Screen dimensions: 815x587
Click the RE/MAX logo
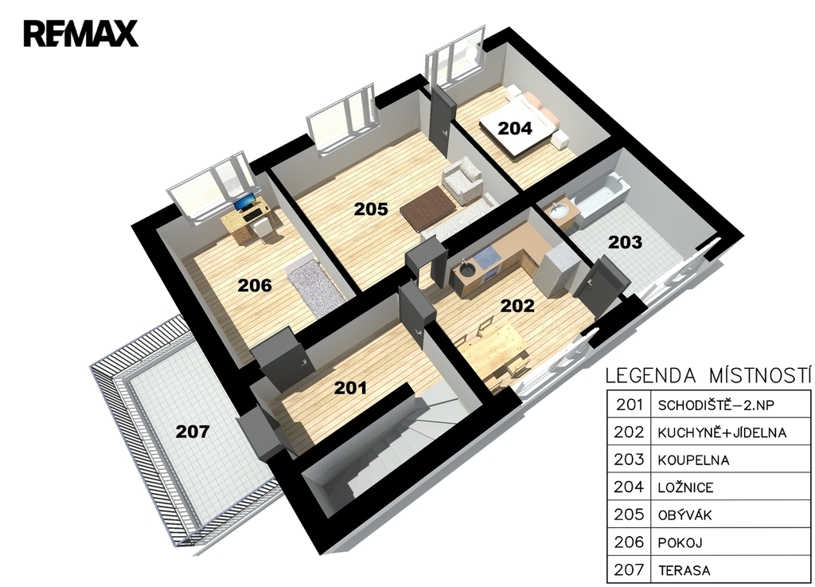pos(80,33)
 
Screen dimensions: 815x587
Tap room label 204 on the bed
pos(515,128)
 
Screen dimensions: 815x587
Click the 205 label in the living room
pos(371,209)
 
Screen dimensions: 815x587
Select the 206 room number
pos(255,285)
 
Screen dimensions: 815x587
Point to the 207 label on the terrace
pos(193,431)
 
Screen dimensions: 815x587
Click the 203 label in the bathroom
pos(625,242)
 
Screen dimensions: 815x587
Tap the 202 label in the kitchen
pos(517,305)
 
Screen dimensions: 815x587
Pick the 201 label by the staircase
pos(350,387)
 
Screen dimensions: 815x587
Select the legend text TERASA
pos(684,570)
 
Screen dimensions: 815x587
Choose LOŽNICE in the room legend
pos(685,487)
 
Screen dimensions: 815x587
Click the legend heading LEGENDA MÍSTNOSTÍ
pos(708,375)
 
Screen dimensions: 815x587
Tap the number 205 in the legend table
pos(629,515)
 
